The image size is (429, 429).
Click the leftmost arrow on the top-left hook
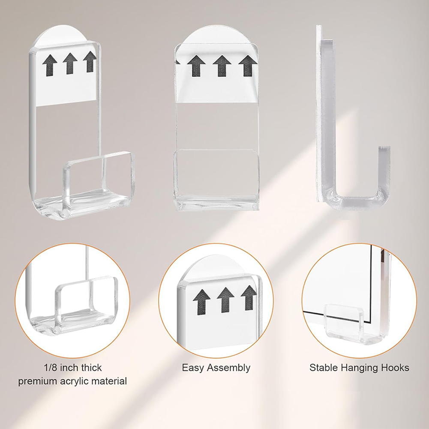click(x=50, y=65)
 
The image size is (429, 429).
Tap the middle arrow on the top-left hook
click(x=70, y=63)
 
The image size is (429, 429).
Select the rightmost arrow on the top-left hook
click(x=90, y=62)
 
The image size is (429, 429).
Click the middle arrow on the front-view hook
click(x=222, y=66)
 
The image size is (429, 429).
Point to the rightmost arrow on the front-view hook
click(x=247, y=66)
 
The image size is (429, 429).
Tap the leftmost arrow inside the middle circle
click(x=201, y=302)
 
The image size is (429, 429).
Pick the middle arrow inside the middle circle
click(x=225, y=300)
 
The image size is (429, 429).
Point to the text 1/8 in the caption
click(x=51, y=367)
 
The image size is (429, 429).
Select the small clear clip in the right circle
click(x=344, y=323)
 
